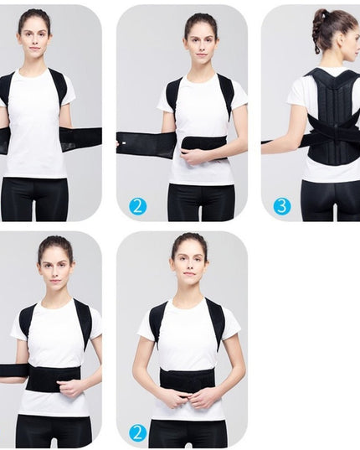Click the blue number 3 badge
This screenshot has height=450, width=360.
282,206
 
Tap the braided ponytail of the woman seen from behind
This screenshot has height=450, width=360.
317,32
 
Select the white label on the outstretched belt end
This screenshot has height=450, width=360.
124,142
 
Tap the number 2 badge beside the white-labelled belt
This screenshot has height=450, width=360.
137,206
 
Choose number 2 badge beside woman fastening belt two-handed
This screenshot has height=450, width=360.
137,433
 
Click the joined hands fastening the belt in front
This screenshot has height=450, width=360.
188,400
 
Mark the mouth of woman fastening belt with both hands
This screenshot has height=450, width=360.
189,274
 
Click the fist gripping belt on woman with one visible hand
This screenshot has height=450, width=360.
69,388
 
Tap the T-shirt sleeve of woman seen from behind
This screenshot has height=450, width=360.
296,92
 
